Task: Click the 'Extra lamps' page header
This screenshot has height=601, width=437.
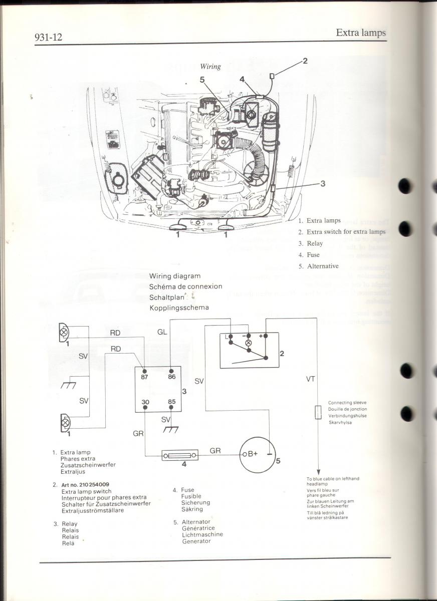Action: (360, 33)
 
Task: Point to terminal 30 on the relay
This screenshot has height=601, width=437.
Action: (145, 402)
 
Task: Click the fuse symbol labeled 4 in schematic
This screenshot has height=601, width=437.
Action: (180, 455)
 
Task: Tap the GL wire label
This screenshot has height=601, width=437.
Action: (162, 332)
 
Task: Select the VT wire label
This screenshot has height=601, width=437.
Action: (310, 379)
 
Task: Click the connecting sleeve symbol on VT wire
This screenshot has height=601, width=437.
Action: (318, 412)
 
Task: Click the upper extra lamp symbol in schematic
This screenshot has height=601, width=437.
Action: (64, 332)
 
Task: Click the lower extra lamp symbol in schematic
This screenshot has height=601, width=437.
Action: (64, 423)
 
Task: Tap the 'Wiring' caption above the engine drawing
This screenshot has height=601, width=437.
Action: (210, 67)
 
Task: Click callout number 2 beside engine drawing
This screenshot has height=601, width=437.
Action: (305, 61)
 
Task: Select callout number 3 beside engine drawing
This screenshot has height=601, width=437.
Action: (323, 184)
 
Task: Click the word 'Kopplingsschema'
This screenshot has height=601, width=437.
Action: (179, 308)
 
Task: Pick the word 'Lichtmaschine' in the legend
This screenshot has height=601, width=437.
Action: (202, 534)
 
